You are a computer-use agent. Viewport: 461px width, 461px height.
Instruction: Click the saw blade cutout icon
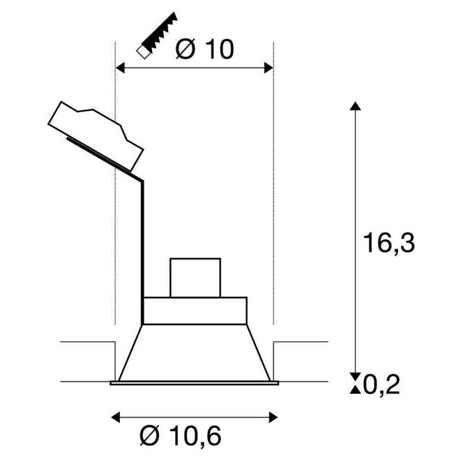[157, 35]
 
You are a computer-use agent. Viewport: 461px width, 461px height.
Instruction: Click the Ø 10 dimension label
[205, 50]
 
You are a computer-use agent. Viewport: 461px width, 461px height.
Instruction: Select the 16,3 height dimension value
[389, 243]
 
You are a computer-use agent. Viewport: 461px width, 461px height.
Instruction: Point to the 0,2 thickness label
[381, 385]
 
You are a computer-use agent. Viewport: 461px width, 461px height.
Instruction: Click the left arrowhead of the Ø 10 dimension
[120, 68]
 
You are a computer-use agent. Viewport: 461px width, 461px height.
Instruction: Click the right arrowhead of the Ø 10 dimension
[269, 68]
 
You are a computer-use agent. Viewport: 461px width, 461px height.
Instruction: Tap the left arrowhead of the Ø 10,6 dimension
[116, 417]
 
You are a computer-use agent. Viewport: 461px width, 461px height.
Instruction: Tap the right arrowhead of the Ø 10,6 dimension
[273, 417]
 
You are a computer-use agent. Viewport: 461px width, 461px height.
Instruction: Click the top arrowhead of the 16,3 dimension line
[356, 106]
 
